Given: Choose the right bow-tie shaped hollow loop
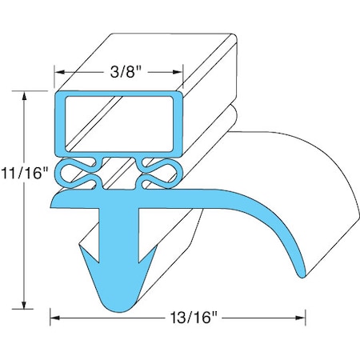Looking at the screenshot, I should (x=158, y=170).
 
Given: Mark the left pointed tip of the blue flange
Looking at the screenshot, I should (x=54, y=204).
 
